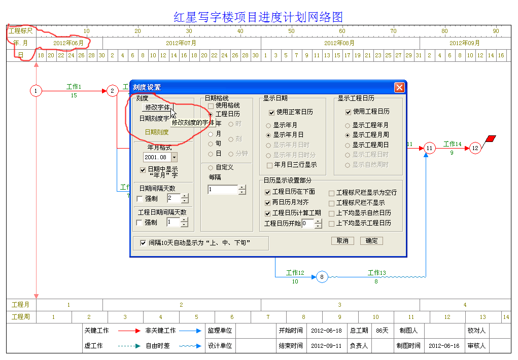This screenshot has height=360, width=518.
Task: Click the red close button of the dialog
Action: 399,87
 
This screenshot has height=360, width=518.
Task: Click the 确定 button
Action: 372,241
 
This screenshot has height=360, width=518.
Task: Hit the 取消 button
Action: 342,241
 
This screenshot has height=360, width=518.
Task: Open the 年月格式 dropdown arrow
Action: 174,157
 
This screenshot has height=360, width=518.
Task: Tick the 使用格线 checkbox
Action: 211,106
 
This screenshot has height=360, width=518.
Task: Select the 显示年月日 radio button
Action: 268,135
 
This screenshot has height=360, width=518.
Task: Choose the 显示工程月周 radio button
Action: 348,135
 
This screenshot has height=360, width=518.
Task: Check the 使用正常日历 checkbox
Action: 271,113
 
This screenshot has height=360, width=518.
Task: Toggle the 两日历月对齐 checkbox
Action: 267,203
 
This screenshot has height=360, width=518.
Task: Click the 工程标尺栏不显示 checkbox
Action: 332,203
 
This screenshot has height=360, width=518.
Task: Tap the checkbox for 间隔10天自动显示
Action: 143,243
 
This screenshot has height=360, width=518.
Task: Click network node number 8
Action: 322,277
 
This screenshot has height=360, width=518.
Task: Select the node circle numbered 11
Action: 429,148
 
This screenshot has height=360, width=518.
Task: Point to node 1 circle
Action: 36,90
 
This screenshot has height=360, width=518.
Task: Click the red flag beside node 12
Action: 491,138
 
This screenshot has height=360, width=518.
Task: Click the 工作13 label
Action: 376,273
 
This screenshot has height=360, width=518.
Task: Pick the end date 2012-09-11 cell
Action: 326,345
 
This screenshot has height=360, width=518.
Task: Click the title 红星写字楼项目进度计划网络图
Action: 258,17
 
